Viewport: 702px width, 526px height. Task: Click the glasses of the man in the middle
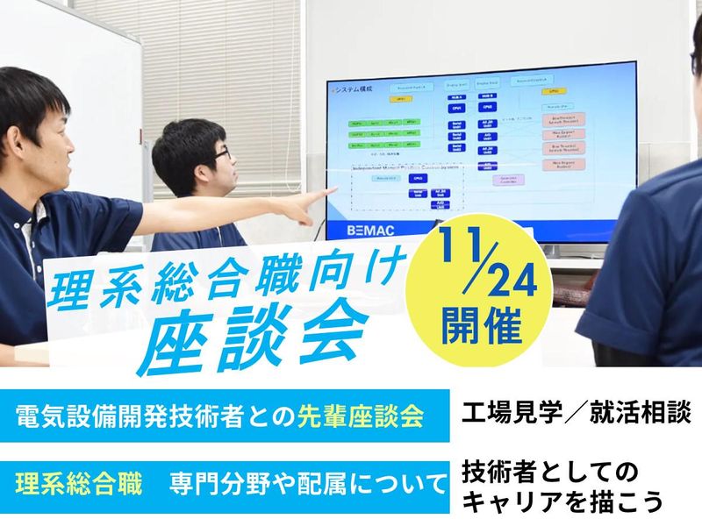point(222,154)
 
